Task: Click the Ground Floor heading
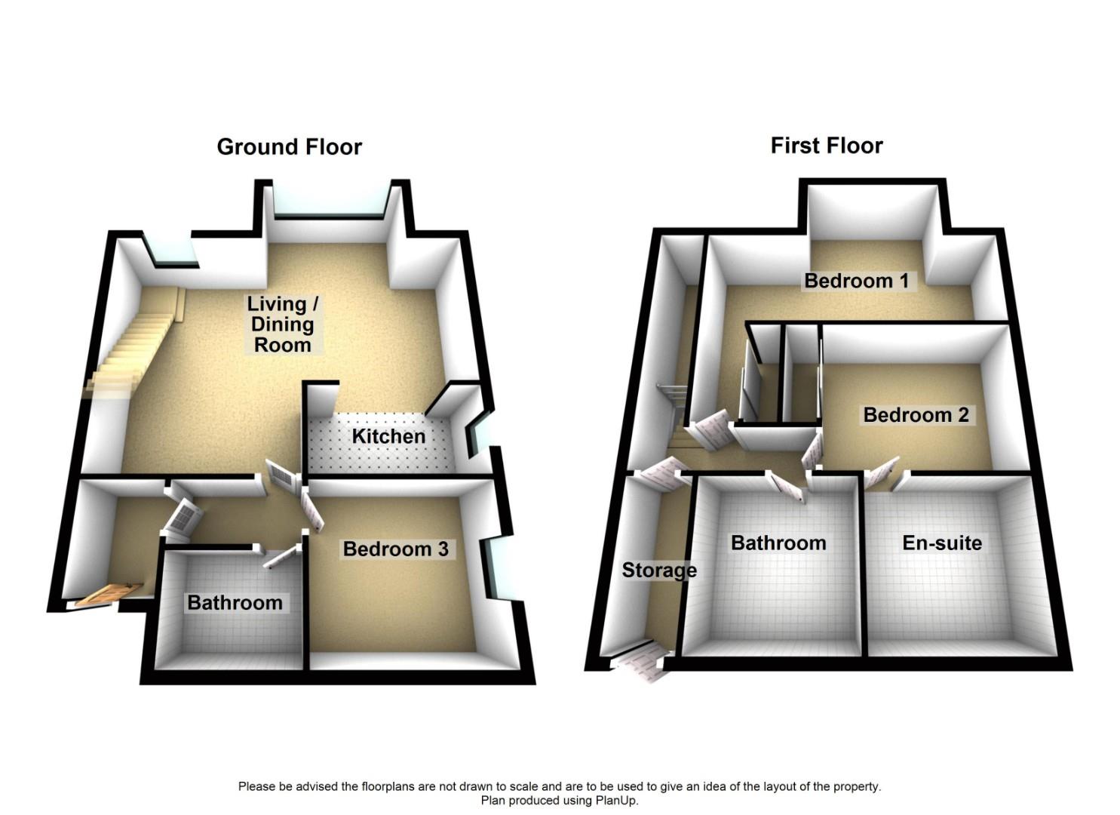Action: [x=290, y=146]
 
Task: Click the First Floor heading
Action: [x=827, y=145]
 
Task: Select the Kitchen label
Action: [x=388, y=436]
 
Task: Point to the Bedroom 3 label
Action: [x=396, y=549]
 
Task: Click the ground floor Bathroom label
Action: [x=235, y=602]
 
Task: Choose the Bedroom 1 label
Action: [x=857, y=281]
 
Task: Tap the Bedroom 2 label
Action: [x=916, y=414]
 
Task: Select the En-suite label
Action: [x=942, y=543]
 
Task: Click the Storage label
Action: [x=659, y=570]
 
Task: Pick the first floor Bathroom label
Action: [x=778, y=543]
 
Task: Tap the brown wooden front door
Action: [x=109, y=594]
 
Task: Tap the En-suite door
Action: [x=880, y=475]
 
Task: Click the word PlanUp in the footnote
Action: [x=617, y=801]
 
